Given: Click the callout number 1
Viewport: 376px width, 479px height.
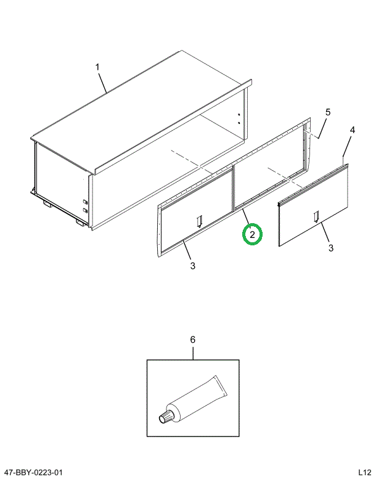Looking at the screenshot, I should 97,67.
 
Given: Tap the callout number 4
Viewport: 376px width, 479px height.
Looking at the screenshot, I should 352,130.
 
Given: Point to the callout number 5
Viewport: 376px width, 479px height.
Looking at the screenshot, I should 328,112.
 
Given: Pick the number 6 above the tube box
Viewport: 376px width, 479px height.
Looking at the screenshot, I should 192,340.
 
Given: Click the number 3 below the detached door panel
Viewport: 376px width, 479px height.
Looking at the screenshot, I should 330,248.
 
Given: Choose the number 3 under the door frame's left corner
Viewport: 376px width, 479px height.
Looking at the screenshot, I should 193,266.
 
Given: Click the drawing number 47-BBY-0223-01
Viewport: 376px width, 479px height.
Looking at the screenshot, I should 35,472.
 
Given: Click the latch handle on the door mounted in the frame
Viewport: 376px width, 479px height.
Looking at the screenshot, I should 198,221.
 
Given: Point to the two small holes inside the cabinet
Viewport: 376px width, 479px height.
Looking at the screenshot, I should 239,118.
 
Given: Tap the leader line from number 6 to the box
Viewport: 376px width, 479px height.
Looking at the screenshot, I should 192,353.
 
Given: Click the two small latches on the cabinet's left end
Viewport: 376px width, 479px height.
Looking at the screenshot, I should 84,205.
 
